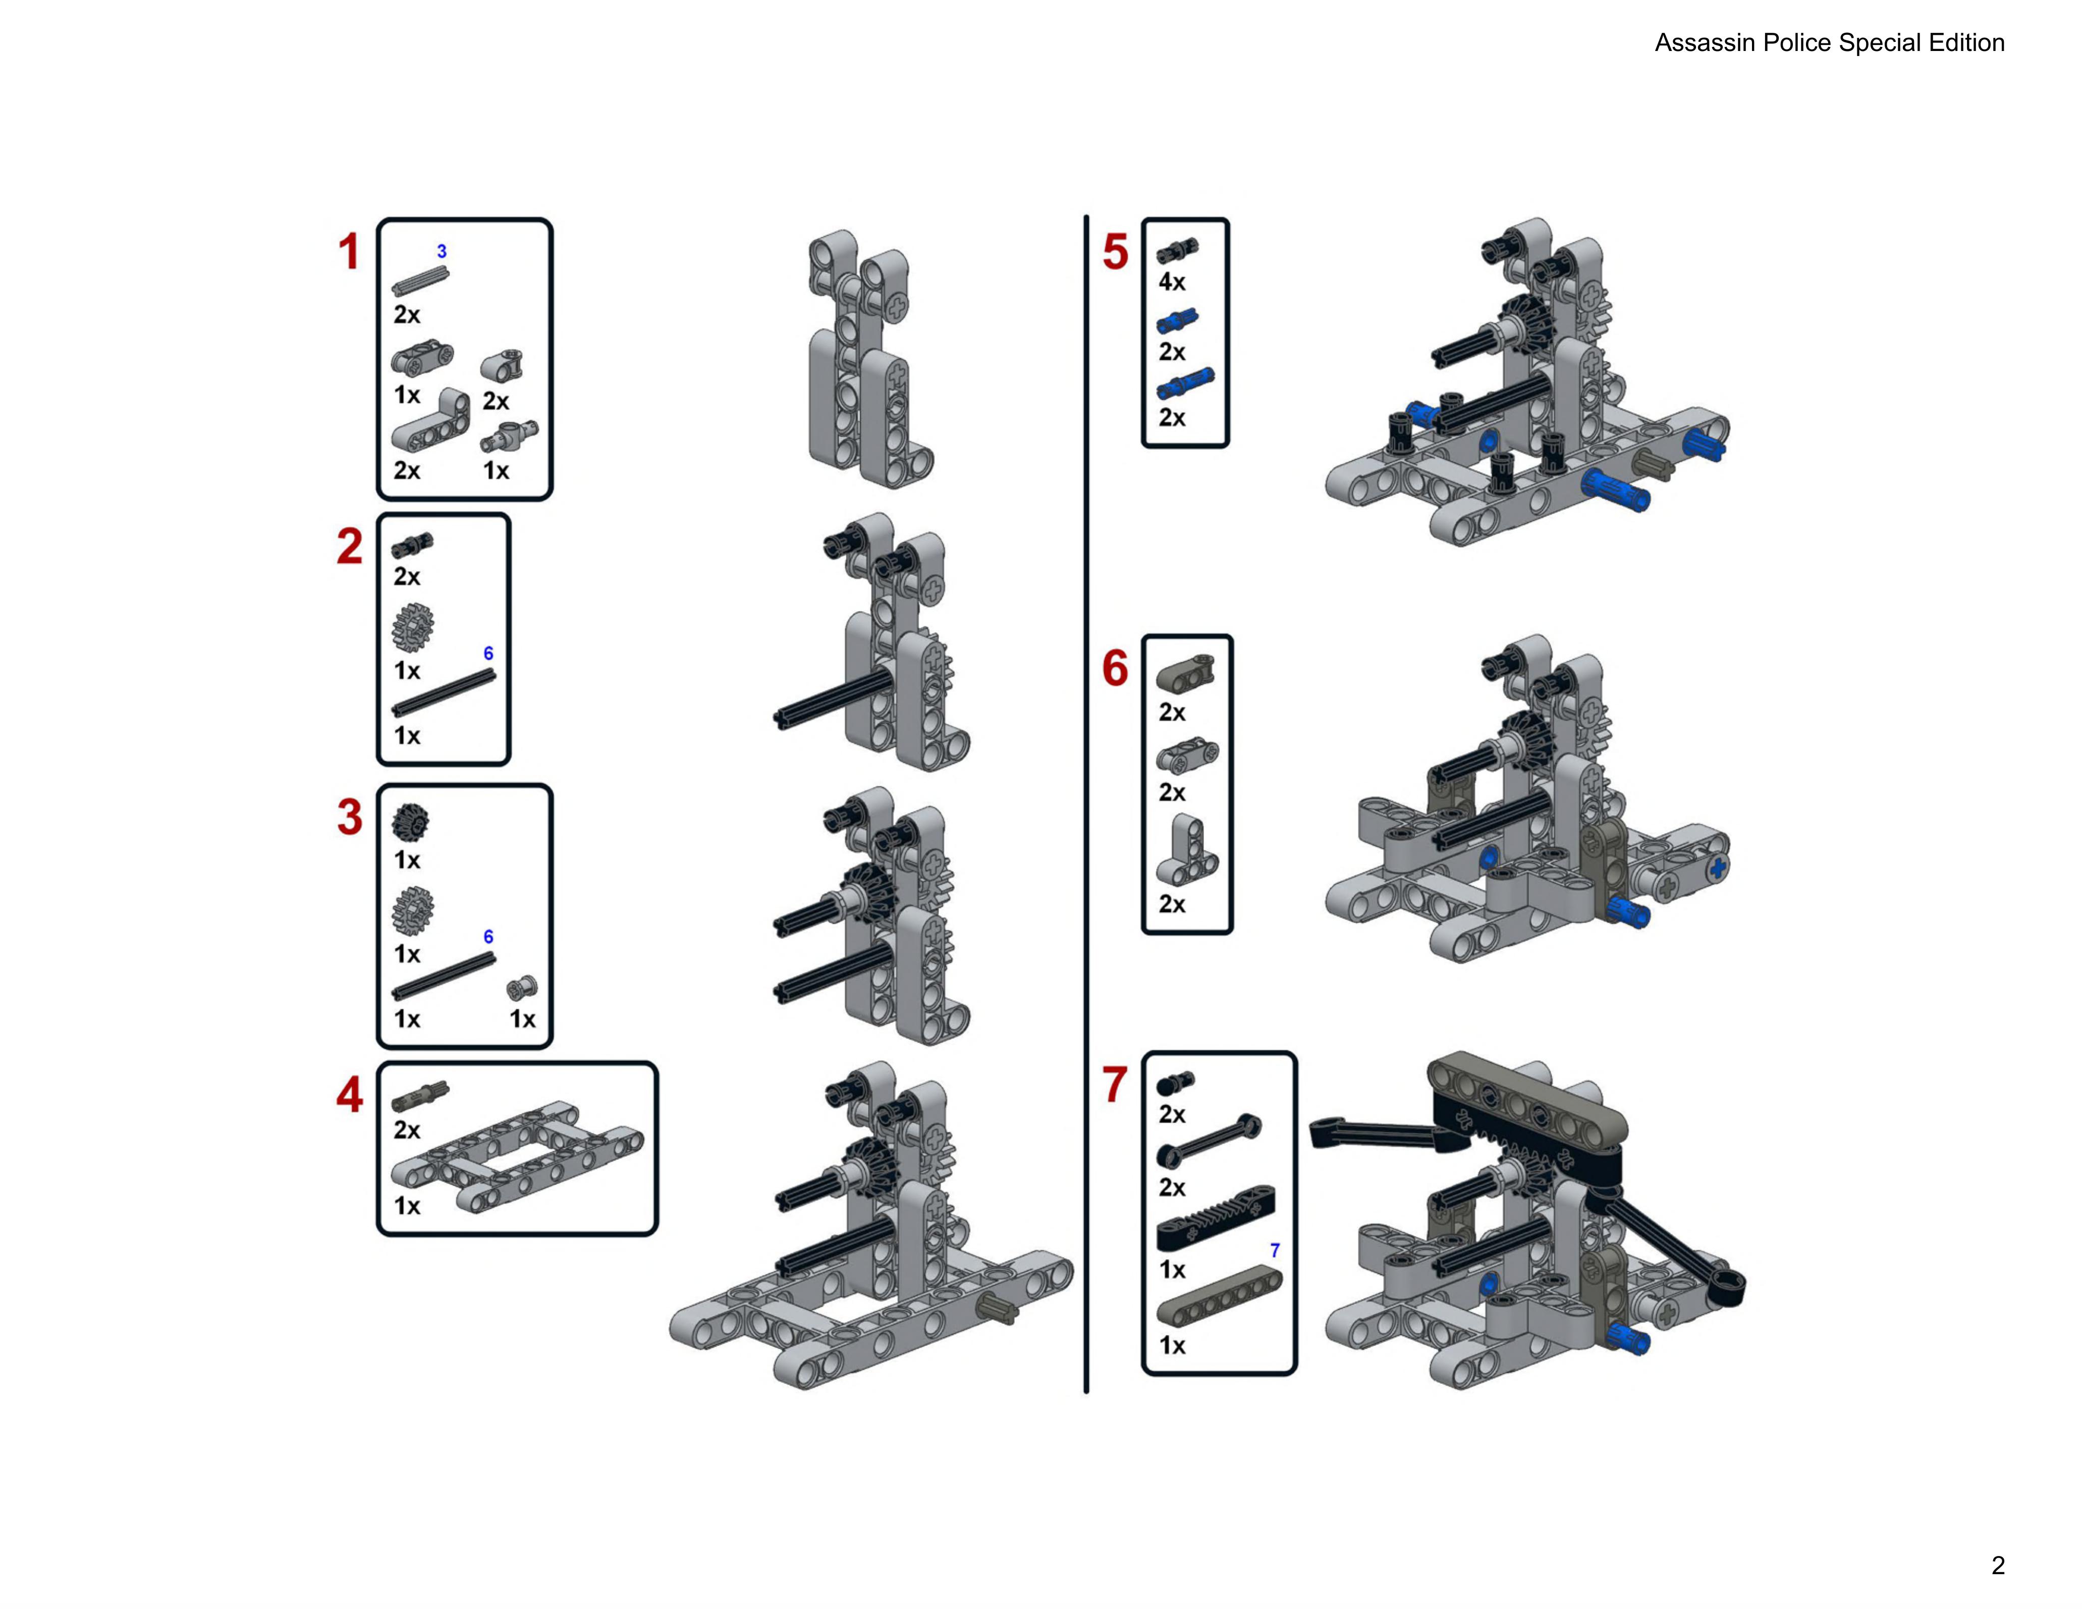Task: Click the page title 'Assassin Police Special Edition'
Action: point(1828,43)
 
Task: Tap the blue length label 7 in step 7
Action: point(1275,1250)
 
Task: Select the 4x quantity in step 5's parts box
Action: point(1172,282)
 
